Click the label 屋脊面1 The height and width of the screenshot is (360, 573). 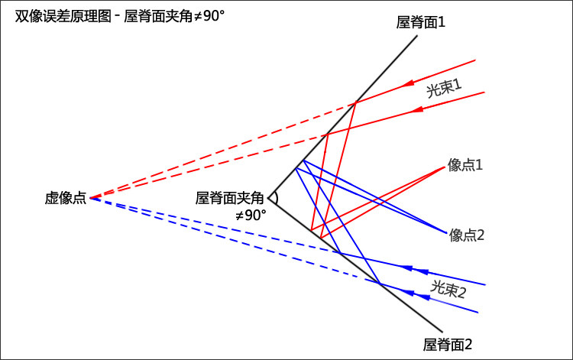(x=421, y=22)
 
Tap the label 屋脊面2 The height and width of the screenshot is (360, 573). (x=448, y=345)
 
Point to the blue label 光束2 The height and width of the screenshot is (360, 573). (x=448, y=289)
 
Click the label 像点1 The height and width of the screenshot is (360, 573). (x=466, y=164)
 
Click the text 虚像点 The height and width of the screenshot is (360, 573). (x=66, y=198)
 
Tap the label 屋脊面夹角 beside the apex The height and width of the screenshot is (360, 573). (x=229, y=198)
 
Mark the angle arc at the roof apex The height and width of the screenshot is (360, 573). (x=274, y=198)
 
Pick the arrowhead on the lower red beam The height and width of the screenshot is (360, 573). (x=416, y=110)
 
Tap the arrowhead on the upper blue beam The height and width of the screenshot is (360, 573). (x=408, y=268)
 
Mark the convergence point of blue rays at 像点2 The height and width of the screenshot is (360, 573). (x=445, y=232)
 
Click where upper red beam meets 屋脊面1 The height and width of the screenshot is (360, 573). (x=356, y=102)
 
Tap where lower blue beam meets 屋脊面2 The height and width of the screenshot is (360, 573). (x=379, y=284)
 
